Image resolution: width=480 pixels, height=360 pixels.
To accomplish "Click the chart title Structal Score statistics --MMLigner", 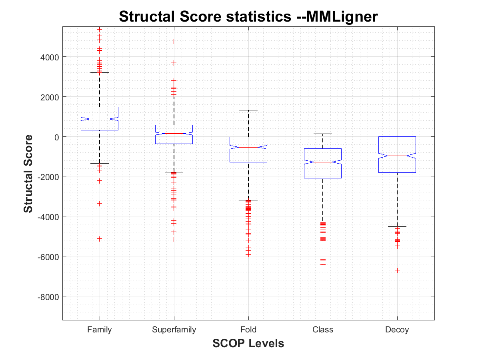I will pyautogui.click(x=248, y=17).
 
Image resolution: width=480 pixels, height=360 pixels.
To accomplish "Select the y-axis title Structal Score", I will pyautogui.click(x=28, y=174).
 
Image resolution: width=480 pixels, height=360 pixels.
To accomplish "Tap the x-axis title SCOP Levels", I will pyautogui.click(x=248, y=343).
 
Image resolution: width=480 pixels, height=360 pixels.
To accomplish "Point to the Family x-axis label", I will pyautogui.click(x=100, y=330).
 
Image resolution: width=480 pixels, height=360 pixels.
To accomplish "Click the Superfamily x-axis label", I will pyautogui.click(x=174, y=330).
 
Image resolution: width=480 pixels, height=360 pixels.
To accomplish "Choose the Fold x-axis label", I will pyautogui.click(x=248, y=330).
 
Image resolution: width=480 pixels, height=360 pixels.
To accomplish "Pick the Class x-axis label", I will pyautogui.click(x=323, y=330).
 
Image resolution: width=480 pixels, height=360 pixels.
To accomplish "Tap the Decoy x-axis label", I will pyautogui.click(x=397, y=330).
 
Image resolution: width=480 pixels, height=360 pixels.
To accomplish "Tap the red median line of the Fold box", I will pyautogui.click(x=248, y=147).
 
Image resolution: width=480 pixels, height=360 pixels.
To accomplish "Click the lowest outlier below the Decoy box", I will pyautogui.click(x=397, y=270).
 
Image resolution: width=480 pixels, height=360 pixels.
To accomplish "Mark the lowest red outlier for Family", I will pyautogui.click(x=100, y=238).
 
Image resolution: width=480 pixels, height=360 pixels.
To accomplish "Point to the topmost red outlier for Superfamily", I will pyautogui.click(x=174, y=41).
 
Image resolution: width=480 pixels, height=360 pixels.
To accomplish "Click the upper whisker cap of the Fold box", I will pyautogui.click(x=248, y=110).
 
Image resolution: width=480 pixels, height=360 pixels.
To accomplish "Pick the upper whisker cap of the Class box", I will pyautogui.click(x=323, y=134).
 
